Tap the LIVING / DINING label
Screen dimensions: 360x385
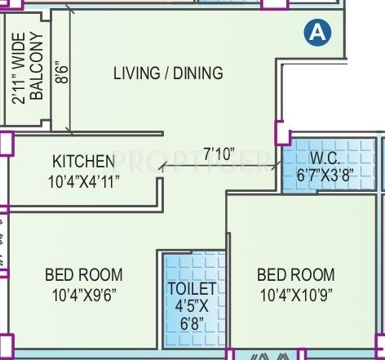(x=168, y=73)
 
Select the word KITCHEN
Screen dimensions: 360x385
(x=84, y=161)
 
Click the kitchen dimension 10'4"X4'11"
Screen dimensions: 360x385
(x=84, y=180)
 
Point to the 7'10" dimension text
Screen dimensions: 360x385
(x=219, y=153)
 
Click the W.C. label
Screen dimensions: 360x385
(x=325, y=158)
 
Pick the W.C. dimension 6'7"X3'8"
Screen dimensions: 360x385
(x=325, y=175)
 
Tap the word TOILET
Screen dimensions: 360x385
(x=192, y=289)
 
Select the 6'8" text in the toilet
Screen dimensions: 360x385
(x=192, y=324)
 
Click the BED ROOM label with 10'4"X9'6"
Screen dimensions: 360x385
(x=84, y=273)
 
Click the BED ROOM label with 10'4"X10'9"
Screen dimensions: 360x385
(x=295, y=274)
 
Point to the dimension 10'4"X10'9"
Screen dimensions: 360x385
(x=295, y=293)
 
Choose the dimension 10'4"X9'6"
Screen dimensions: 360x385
(x=84, y=293)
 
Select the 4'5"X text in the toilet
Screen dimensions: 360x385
(x=192, y=306)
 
